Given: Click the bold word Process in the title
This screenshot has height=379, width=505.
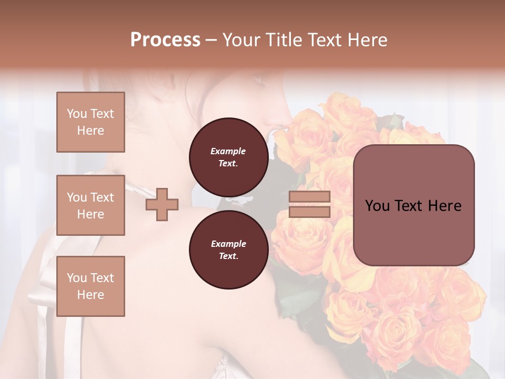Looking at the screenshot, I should pyautogui.click(x=165, y=40).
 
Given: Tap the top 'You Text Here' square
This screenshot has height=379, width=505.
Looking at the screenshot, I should pyautogui.click(x=90, y=122).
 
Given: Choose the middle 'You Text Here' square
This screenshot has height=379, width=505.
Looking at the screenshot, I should pyautogui.click(x=90, y=205).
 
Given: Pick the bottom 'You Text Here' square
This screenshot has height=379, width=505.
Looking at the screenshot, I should pyautogui.click(x=90, y=286).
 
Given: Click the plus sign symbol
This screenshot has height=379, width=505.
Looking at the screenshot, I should pyautogui.click(x=162, y=204).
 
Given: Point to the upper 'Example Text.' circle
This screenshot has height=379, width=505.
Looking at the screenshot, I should pyautogui.click(x=228, y=157).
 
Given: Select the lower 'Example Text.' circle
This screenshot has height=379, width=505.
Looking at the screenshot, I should pyautogui.click(x=228, y=250).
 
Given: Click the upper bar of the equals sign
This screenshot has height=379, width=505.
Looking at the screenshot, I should pyautogui.click(x=309, y=197).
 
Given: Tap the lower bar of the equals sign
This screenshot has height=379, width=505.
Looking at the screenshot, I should pyautogui.click(x=309, y=212).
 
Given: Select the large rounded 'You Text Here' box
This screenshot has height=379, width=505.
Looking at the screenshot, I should pyautogui.click(x=413, y=205).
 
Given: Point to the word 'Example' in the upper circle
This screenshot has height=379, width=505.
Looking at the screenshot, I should pyautogui.click(x=228, y=151).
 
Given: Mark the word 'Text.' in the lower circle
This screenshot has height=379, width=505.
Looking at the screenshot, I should pyautogui.click(x=228, y=256).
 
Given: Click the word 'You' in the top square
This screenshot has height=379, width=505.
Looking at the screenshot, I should pyautogui.click(x=76, y=114).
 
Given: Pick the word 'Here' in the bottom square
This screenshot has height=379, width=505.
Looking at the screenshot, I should pyautogui.click(x=90, y=295).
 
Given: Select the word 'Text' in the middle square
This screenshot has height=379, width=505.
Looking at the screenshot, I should pyautogui.click(x=102, y=197).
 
